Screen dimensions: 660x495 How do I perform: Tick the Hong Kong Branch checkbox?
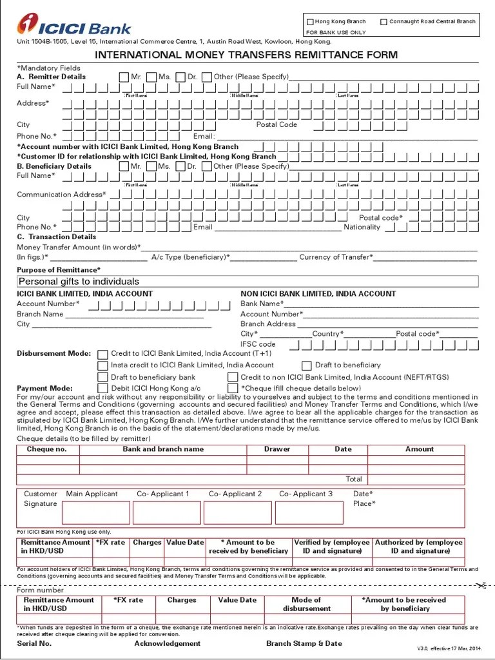(x=310, y=22)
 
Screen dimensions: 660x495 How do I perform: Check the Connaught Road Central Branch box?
(x=384, y=22)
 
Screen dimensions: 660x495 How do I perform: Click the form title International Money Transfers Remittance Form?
(x=246, y=55)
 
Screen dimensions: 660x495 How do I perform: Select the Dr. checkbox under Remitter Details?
(x=181, y=77)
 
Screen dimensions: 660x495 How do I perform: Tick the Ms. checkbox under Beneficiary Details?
(x=151, y=166)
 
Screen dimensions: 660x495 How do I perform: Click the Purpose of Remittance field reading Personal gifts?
(x=247, y=282)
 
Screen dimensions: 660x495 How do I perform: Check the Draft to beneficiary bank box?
(x=103, y=377)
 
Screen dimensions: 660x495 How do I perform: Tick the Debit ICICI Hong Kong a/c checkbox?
(x=103, y=388)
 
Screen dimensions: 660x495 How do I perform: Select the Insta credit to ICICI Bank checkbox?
(x=103, y=365)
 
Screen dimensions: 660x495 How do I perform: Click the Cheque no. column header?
(x=46, y=449)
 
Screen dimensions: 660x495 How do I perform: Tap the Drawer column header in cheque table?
(x=277, y=449)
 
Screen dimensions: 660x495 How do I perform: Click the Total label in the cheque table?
(x=354, y=479)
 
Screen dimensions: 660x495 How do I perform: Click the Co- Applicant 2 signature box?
(x=237, y=512)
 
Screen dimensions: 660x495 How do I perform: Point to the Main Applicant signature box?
(x=95, y=512)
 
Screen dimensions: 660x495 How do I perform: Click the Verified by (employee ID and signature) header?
(x=332, y=547)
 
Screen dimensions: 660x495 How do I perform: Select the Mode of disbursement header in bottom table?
(x=306, y=604)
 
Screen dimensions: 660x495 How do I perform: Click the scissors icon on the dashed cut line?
(x=481, y=585)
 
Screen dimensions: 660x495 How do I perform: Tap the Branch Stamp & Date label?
(x=304, y=643)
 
